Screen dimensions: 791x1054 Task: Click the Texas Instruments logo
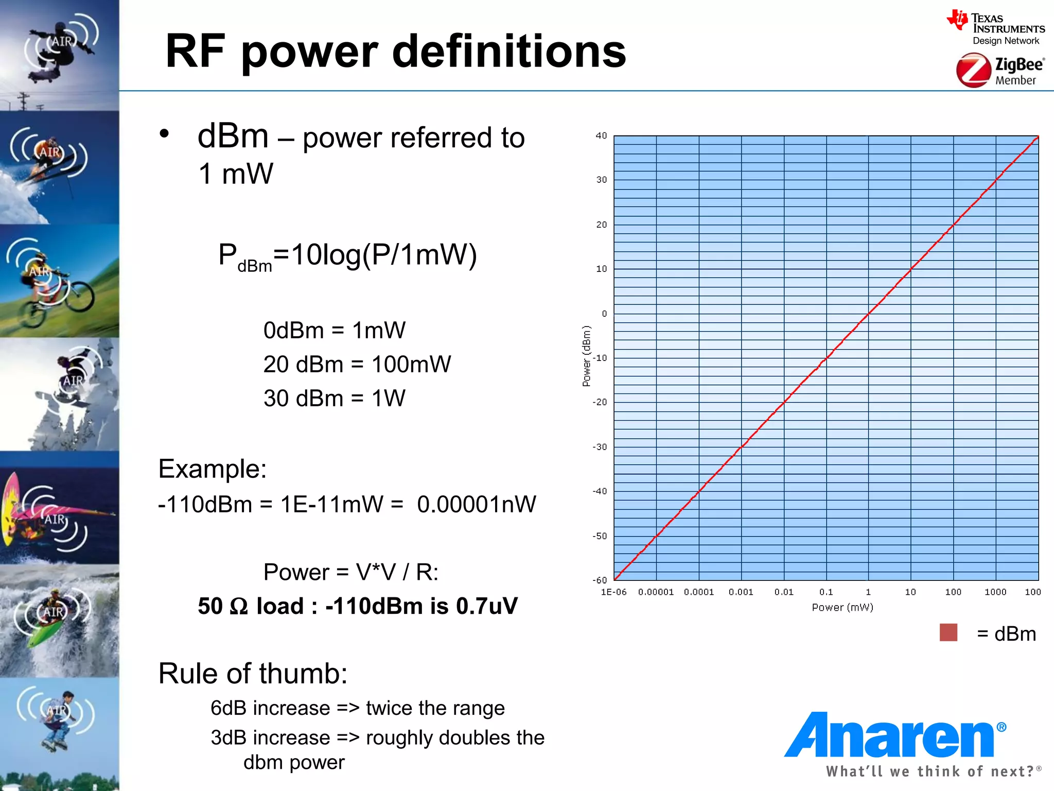(995, 28)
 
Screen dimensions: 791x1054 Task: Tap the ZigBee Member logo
(999, 71)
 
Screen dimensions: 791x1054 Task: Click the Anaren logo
(894, 735)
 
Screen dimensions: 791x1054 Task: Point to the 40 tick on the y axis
(601, 136)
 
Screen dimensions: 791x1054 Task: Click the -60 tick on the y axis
(600, 580)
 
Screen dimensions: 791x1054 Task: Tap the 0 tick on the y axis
(604, 314)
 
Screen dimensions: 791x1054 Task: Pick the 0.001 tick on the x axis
(741, 592)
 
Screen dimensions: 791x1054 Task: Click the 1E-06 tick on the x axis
(613, 592)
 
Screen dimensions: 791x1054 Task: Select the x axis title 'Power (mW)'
(842, 608)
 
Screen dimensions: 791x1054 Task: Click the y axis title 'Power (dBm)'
(586, 356)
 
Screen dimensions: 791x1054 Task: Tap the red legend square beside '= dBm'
(948, 632)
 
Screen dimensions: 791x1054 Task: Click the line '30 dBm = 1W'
(334, 399)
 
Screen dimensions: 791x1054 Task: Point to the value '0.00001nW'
(477, 505)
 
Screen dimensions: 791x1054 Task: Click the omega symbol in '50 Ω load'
(239, 607)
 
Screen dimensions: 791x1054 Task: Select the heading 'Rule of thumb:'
(253, 674)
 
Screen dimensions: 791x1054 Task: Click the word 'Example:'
(212, 469)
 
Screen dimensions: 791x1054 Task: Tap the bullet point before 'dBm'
(164, 134)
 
